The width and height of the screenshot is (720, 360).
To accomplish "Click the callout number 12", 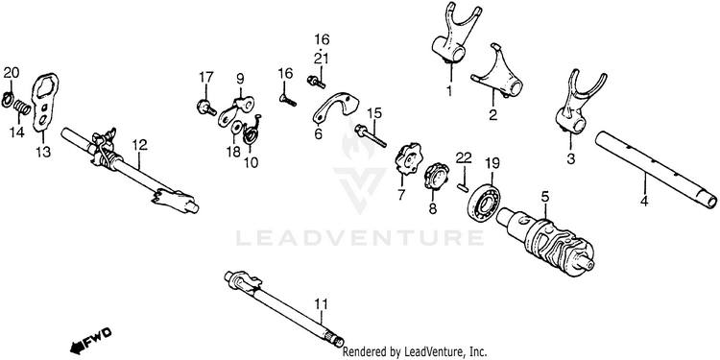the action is [139, 145].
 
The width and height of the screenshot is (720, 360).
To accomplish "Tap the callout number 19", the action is [492, 163].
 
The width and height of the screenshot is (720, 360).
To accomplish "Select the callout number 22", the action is [464, 157].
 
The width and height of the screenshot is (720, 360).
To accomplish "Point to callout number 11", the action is [322, 303].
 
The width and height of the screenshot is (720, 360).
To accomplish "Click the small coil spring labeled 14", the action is [21, 108].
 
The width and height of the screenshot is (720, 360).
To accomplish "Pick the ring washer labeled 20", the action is [8, 99].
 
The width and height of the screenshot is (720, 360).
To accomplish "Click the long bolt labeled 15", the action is [371, 135].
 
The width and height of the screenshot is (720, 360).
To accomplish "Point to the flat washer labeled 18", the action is [238, 127].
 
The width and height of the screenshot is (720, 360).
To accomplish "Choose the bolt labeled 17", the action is [206, 108].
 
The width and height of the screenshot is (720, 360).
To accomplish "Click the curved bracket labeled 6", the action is [337, 108].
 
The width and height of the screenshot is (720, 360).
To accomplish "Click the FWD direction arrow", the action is [91, 341].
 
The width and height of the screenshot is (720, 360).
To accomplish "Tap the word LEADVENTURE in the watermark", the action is [360, 238].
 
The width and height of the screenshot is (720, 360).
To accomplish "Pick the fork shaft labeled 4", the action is [656, 169].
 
